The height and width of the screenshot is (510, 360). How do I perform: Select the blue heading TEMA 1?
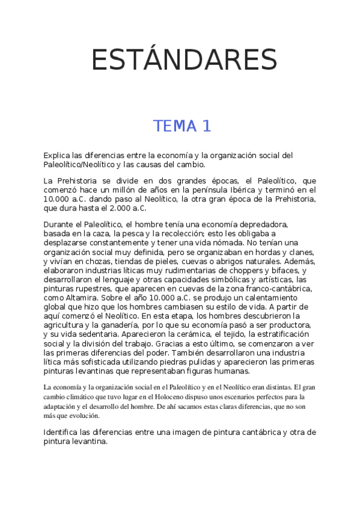pos(182,126)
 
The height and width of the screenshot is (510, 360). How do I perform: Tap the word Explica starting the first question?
pos(58,155)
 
